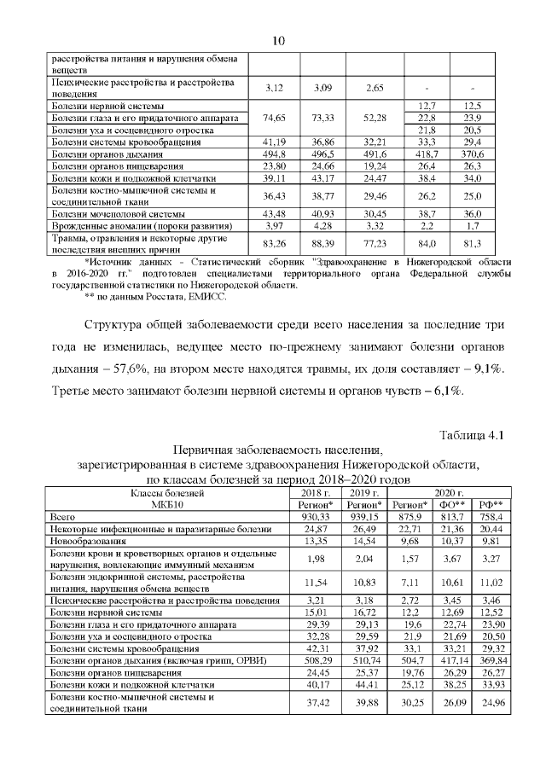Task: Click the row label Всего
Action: pyautogui.click(x=63, y=517)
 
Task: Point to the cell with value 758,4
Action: pyautogui.click(x=491, y=517)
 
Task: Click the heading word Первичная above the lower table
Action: pyautogui.click(x=206, y=450)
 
